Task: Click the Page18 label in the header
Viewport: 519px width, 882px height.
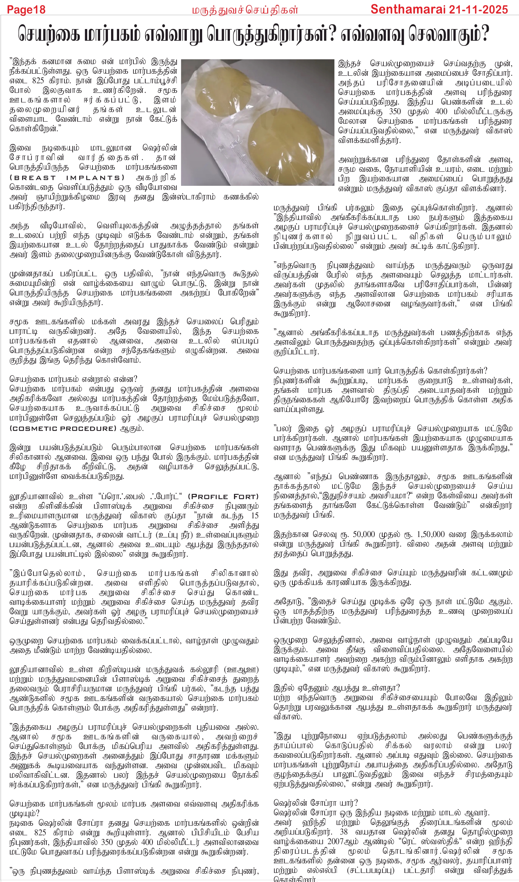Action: pos(26,9)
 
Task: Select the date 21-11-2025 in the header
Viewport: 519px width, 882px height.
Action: pos(478,9)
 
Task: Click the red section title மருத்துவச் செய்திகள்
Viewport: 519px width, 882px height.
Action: pos(245,10)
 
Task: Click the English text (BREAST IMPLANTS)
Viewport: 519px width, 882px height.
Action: pos(67,178)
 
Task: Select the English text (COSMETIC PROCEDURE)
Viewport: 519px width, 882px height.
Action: pos(63,428)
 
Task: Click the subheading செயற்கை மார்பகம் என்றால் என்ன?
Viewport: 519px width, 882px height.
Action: pos(73,379)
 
